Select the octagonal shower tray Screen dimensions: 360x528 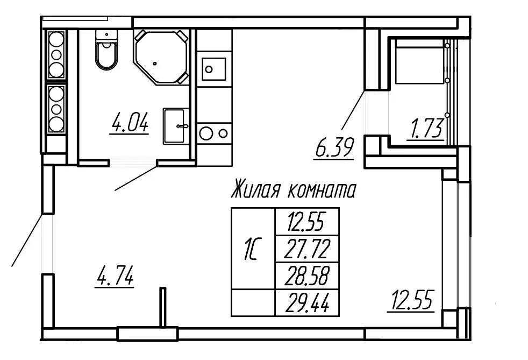coord(161,57)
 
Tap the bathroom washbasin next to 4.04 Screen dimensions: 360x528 coord(176,126)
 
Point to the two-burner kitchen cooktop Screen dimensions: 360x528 coord(213,132)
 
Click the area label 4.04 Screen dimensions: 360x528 coord(129,123)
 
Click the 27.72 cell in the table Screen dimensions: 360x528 coord(307,249)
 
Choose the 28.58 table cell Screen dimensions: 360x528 coord(307,276)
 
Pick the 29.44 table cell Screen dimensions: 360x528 coord(307,302)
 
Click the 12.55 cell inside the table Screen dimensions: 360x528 coord(307,221)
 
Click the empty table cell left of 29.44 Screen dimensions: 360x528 coord(252,302)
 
